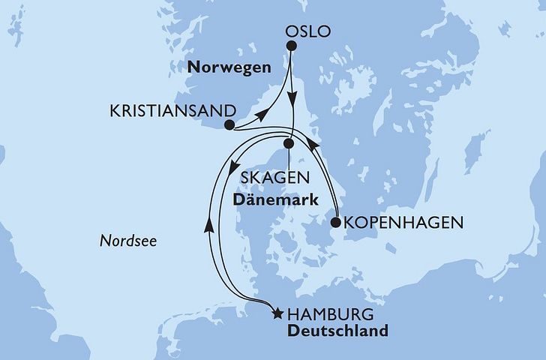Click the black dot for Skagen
click(288, 142)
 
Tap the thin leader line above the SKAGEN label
click(288, 157)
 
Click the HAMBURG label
click(325, 314)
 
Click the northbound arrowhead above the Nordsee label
click(209, 224)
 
